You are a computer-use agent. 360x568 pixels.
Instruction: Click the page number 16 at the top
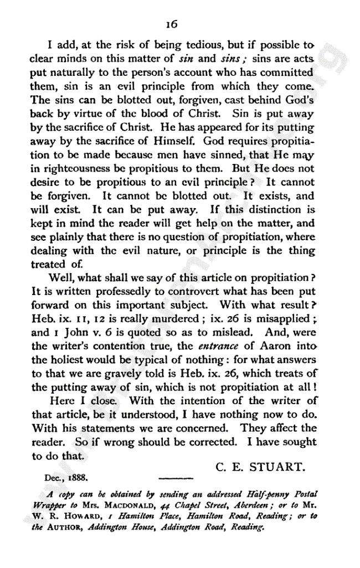click(x=172, y=24)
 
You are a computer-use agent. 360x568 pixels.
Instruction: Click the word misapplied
click(x=282, y=319)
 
